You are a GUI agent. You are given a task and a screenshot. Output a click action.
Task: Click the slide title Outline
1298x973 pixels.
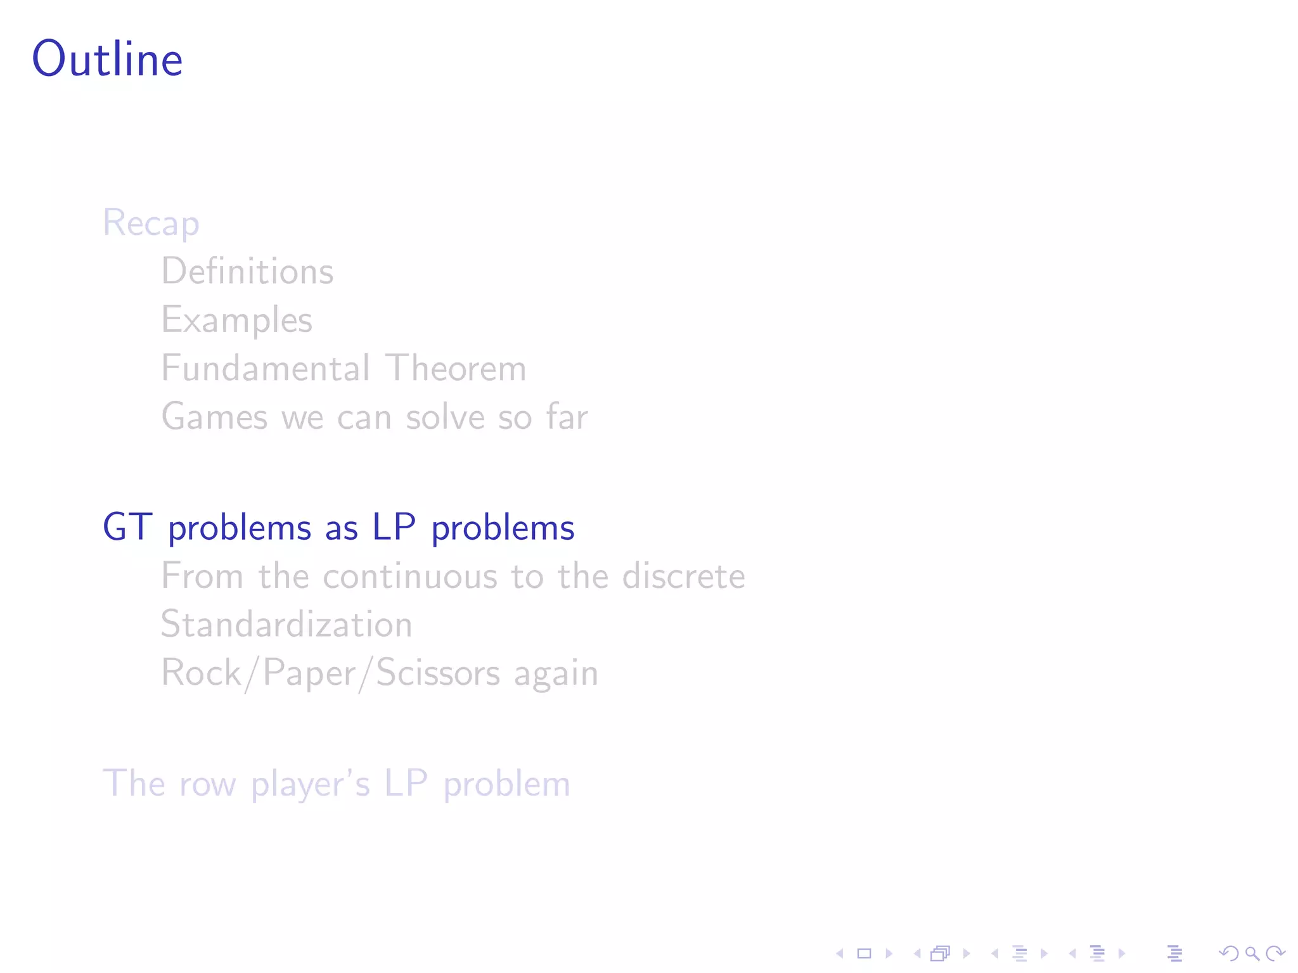click(x=107, y=59)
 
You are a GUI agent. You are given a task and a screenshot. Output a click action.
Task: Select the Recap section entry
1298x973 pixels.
click(x=151, y=223)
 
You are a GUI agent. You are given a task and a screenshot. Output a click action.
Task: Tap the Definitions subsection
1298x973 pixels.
click(x=247, y=271)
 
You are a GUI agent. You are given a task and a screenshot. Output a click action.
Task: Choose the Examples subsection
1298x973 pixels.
click(x=236, y=320)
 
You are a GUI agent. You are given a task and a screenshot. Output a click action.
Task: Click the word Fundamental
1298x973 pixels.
click(x=266, y=368)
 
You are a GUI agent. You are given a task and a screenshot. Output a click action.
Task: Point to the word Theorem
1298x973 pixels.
click(x=456, y=368)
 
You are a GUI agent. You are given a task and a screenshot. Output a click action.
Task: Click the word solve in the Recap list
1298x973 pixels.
click(x=446, y=417)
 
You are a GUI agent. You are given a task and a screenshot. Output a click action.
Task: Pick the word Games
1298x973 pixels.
click(x=214, y=417)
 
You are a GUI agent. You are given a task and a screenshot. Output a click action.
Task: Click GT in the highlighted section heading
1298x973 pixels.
click(x=127, y=527)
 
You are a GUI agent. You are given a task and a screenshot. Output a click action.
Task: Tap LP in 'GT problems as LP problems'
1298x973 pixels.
click(x=394, y=527)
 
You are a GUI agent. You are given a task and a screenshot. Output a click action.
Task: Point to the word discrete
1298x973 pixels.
click(x=683, y=576)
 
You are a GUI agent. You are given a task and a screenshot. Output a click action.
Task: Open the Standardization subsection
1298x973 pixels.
click(x=286, y=624)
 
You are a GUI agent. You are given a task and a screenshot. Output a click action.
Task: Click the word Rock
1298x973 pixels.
click(x=201, y=673)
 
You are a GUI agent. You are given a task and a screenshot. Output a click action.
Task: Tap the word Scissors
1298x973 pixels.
click(x=438, y=673)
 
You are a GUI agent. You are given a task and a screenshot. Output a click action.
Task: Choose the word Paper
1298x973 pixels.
click(x=309, y=673)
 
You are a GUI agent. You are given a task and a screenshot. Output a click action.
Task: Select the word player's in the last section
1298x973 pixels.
click(x=310, y=784)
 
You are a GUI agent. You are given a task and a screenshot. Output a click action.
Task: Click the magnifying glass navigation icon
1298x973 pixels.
click(x=1252, y=953)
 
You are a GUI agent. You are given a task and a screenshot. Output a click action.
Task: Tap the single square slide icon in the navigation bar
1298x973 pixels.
click(x=864, y=953)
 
